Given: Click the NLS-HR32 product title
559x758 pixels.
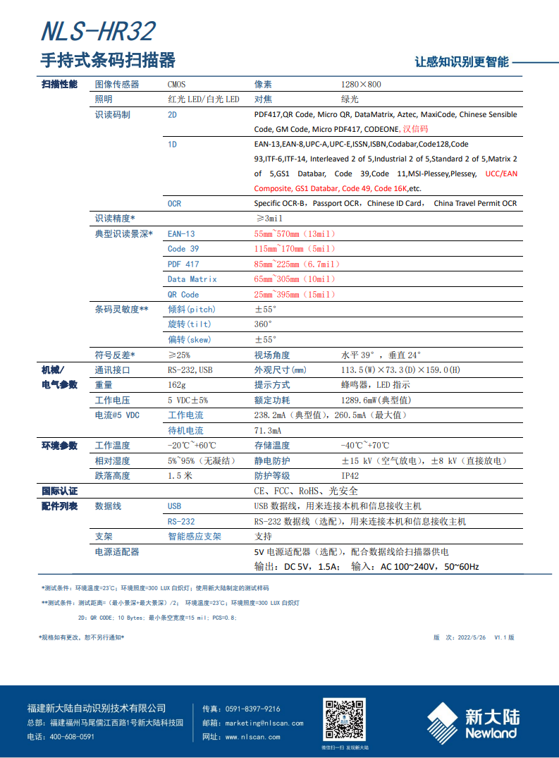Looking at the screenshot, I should click(98, 32).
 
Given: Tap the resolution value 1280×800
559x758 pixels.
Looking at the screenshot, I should click(360, 85).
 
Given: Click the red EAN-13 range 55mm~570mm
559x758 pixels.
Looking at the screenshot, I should click(295, 234).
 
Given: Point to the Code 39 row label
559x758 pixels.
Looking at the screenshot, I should click(183, 249).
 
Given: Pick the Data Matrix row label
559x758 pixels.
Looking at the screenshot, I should click(192, 279).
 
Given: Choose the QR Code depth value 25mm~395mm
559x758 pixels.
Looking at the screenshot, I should click(295, 295).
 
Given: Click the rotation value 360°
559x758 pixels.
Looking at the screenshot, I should click(263, 324).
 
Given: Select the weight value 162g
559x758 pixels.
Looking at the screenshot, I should click(176, 385).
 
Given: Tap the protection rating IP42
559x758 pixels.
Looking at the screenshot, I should click(350, 476).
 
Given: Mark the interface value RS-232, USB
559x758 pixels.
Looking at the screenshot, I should click(190, 370).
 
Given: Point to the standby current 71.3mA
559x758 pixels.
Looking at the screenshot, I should click(268, 430).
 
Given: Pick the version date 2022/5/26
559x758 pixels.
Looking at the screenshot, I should click(472, 637).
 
